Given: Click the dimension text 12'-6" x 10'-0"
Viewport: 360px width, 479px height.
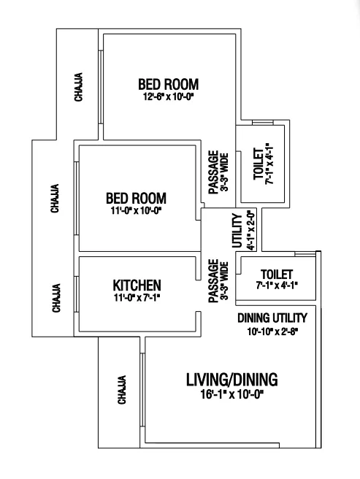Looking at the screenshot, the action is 169,97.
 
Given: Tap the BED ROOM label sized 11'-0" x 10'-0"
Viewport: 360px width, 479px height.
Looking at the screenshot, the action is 136,199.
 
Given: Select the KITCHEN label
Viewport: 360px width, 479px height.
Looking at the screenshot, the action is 137,286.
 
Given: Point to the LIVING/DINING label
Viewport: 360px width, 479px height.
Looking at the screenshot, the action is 232,380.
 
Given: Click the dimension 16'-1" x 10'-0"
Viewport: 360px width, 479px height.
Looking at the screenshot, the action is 232,395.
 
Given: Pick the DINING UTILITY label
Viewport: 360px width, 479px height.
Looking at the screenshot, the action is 272,318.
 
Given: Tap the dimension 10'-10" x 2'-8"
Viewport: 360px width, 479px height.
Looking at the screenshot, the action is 272,332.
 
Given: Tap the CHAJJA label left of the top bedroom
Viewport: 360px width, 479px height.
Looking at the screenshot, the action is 79,87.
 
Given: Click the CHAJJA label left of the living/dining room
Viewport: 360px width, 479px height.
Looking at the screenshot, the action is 122,390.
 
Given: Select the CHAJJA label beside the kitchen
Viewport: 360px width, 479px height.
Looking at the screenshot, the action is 56,299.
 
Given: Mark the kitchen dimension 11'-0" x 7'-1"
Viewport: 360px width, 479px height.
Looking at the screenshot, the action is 137,297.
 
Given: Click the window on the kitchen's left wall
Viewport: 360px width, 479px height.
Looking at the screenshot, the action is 77,294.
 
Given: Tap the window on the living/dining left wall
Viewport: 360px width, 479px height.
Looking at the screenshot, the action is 142,390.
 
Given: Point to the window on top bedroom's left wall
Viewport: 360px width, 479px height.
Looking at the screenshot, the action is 101,87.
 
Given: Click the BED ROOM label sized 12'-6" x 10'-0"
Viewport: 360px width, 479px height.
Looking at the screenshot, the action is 169,84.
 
